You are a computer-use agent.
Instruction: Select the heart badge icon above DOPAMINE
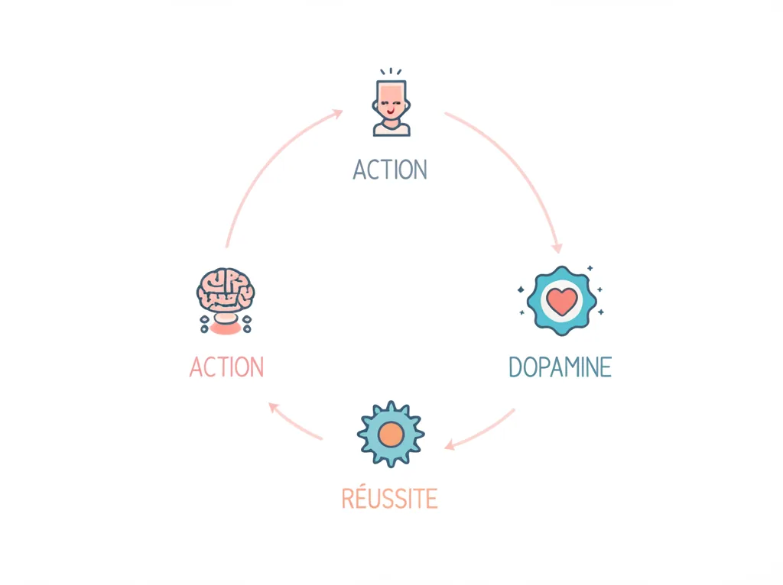click(x=562, y=301)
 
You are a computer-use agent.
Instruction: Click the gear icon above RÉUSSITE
click(x=391, y=435)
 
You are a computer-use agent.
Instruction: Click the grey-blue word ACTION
click(x=390, y=170)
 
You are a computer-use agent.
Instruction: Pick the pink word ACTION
click(x=226, y=367)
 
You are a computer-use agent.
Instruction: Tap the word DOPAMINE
click(x=560, y=367)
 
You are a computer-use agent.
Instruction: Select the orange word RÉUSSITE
click(x=389, y=497)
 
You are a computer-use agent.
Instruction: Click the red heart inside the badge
click(x=562, y=302)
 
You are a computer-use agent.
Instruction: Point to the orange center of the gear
click(x=391, y=435)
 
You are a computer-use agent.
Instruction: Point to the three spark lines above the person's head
click(x=391, y=71)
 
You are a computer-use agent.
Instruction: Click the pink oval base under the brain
click(x=226, y=328)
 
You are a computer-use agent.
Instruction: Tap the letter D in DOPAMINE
click(x=515, y=367)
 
